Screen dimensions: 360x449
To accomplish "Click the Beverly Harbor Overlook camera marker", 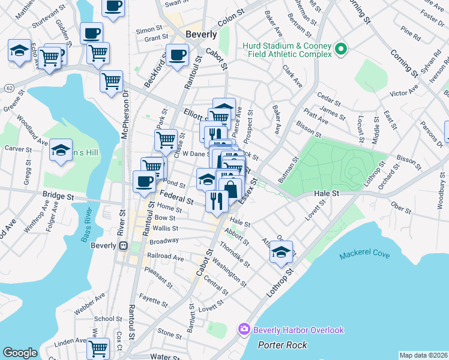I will point(244,329).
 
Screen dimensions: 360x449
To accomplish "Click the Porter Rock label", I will point(282,345).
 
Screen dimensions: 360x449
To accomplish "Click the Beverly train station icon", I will point(124,245).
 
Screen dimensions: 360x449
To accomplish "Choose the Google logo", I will point(20,353).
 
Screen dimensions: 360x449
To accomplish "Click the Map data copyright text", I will point(423,355).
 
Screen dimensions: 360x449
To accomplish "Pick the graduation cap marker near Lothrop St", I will point(280,252).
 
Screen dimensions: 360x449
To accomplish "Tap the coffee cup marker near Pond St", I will point(144,181).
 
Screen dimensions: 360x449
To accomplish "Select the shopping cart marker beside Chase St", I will point(166,140).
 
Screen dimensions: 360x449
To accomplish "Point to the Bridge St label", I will point(58,196).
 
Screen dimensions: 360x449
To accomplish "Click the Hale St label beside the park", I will point(327,194).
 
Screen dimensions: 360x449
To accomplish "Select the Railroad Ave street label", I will point(165,257).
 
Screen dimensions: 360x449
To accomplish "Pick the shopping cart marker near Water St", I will point(98,348).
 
